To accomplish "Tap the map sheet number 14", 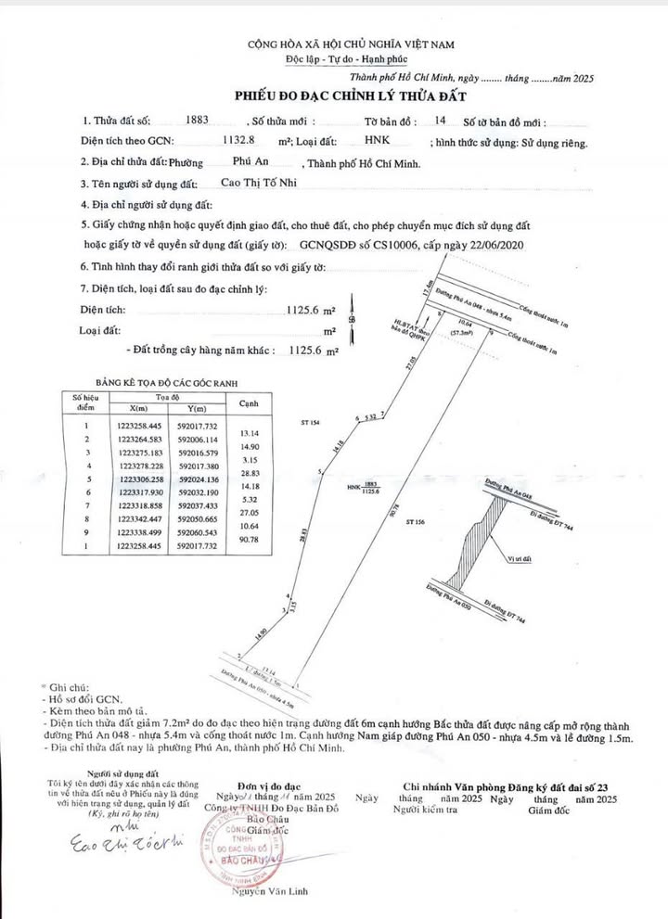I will click(x=440, y=121).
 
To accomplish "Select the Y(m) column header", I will click(x=196, y=409).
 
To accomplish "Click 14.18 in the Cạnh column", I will click(x=248, y=484).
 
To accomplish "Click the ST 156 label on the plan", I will click(x=417, y=523).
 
